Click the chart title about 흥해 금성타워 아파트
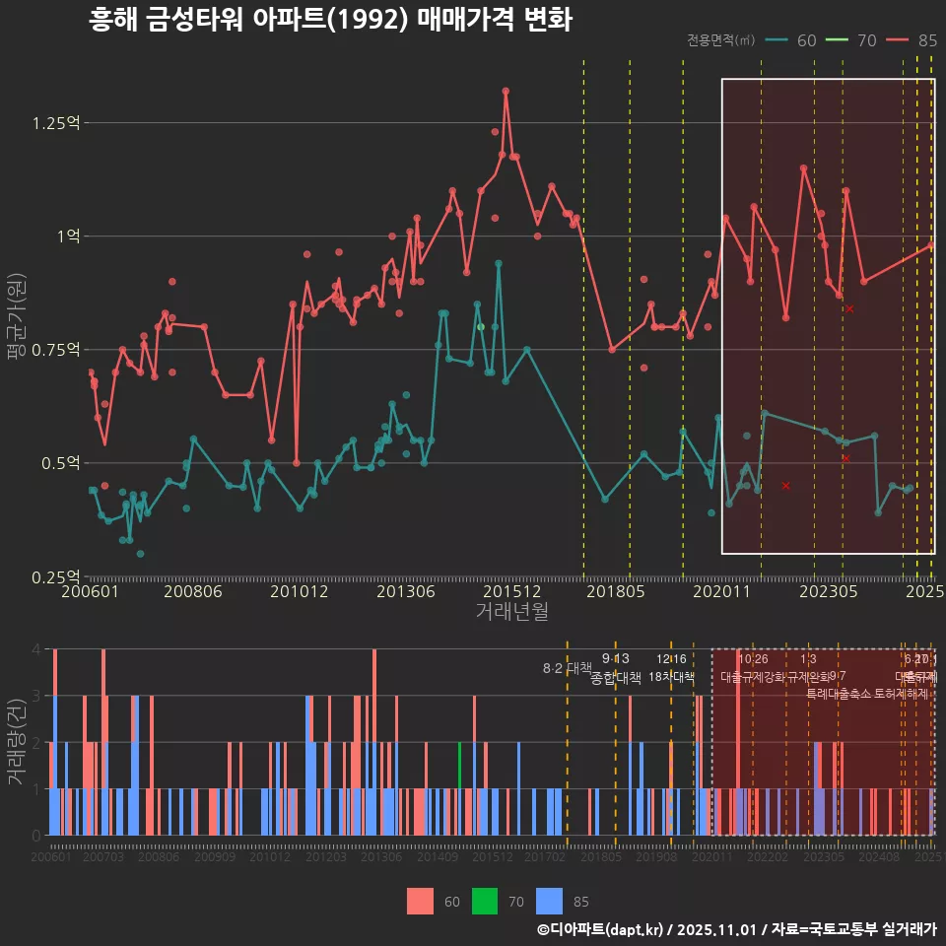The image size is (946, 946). coord(330,20)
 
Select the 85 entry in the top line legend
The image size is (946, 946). coord(926,40)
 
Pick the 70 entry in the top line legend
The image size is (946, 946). coord(867,40)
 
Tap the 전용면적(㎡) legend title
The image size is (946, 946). coord(720,40)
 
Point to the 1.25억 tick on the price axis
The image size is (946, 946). coord(55,123)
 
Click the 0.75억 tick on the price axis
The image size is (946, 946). coord(55,350)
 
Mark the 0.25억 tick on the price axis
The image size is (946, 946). coord(55,576)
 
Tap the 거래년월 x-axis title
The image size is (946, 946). coord(511,612)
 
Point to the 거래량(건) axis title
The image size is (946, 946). coord(16,741)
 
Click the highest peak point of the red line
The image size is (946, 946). coord(506,91)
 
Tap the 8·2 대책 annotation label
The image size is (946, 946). coord(567,668)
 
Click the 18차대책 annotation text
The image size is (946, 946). coord(671,677)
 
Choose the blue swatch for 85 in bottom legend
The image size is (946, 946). coord(549,901)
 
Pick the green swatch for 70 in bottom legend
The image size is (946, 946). coord(484,901)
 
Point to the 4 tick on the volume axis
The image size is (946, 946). coord(35,649)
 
